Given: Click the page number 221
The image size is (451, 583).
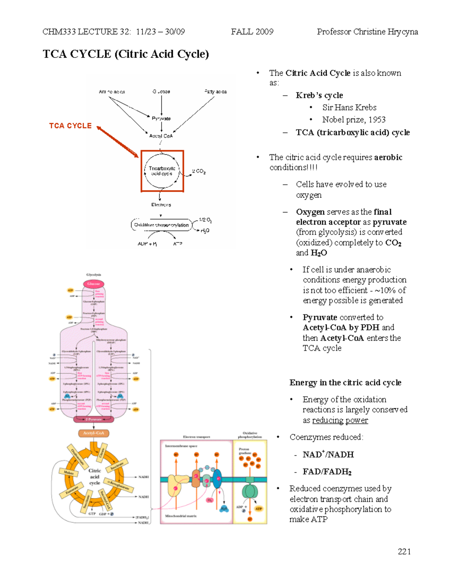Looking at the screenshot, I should click(x=404, y=551).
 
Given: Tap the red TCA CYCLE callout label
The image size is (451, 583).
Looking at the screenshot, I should click(x=70, y=126).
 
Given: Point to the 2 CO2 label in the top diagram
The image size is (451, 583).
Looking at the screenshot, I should click(x=199, y=172).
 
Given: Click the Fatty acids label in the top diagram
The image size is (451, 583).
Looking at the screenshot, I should click(x=215, y=92).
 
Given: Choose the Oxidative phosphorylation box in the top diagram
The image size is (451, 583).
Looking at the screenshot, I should click(x=161, y=225).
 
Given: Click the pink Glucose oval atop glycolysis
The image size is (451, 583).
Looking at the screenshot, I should click(x=94, y=284).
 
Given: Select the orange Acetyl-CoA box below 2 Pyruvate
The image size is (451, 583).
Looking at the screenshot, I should click(x=94, y=433).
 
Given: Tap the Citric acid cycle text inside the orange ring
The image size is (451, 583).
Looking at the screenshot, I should click(x=95, y=477).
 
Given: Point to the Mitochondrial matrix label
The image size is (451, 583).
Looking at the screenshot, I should click(x=181, y=516).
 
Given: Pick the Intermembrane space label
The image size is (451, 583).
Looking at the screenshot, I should click(x=181, y=446).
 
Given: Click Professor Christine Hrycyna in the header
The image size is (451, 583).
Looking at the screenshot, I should click(x=367, y=32).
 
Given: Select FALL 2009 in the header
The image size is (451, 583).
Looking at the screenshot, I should click(x=252, y=32).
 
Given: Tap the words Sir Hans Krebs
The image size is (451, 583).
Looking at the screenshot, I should click(x=349, y=108).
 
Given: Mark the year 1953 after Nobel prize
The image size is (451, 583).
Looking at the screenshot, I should click(x=377, y=120).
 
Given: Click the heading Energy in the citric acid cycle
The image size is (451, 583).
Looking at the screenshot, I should click(x=345, y=383).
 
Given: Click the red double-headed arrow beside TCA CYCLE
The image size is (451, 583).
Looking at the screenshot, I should click(x=118, y=142).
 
